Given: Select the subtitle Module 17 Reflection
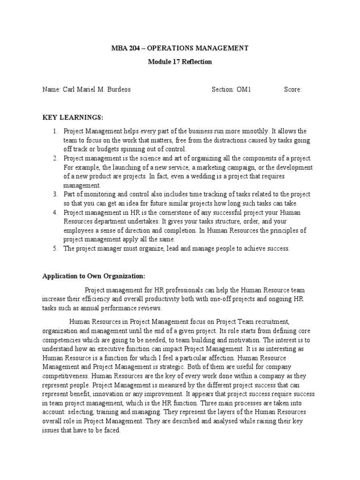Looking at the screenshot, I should tap(180, 62).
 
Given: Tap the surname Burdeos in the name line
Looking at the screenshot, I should tap(118, 90).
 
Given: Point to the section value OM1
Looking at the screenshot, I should tap(244, 90).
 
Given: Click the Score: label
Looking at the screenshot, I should tap(292, 90).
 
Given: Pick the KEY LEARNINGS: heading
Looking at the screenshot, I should tap(72, 117).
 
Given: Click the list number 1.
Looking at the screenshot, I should tap(54, 132).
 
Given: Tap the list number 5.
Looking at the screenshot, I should tap(54, 249).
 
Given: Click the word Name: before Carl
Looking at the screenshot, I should tap(51, 90).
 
